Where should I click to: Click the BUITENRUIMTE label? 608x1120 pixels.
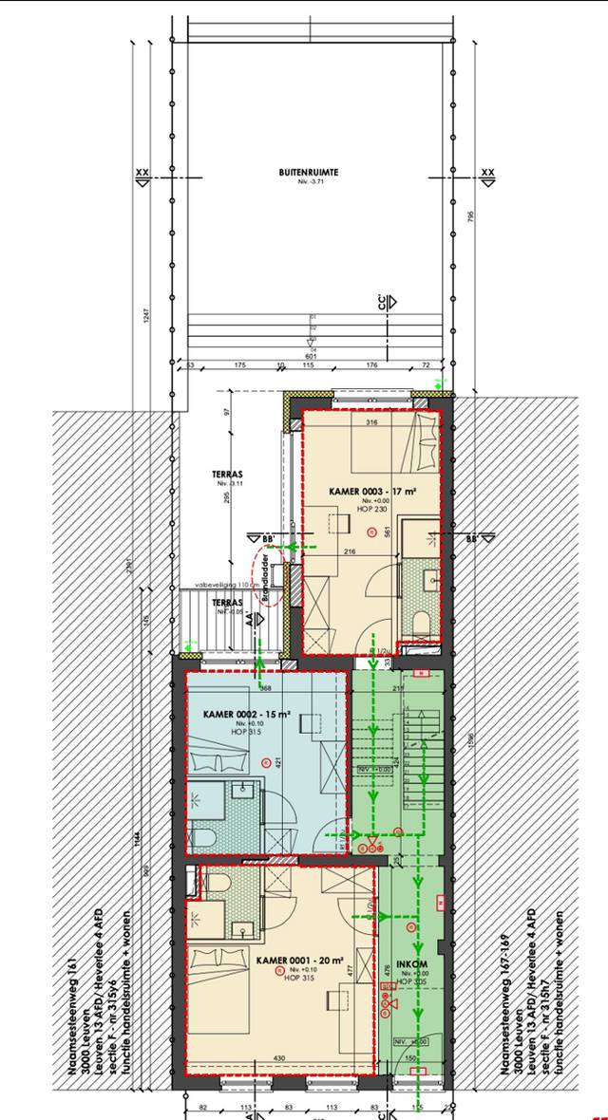point(309,172)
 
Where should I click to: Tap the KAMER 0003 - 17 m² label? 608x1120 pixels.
point(371,491)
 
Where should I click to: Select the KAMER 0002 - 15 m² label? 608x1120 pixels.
point(246,715)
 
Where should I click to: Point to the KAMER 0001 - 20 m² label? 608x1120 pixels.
point(294,961)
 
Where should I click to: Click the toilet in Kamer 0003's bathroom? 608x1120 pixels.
point(421,622)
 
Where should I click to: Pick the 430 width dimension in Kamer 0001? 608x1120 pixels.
point(279,1058)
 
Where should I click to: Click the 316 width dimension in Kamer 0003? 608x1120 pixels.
point(372,423)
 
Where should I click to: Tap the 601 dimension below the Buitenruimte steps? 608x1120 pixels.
point(310,356)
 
